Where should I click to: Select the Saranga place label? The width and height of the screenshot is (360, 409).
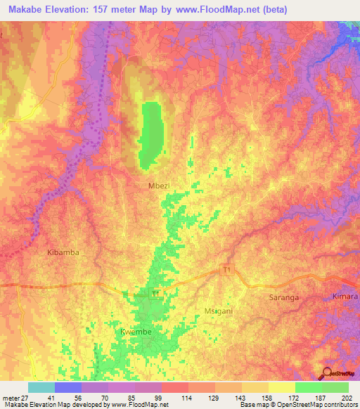point(284,297)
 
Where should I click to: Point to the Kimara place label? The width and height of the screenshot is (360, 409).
point(345,297)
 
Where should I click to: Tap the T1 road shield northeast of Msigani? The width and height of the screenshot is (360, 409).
point(226,269)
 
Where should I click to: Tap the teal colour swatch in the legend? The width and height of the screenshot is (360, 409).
point(41,387)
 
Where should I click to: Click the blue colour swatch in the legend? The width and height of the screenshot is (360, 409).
point(68,387)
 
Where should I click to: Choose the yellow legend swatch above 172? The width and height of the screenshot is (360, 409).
point(281,387)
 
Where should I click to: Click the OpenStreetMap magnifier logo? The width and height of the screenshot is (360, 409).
point(326,372)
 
